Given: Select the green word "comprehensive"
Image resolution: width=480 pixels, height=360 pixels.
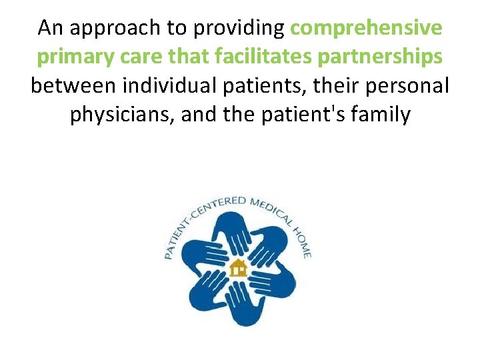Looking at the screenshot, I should pyautogui.click(x=367, y=29).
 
